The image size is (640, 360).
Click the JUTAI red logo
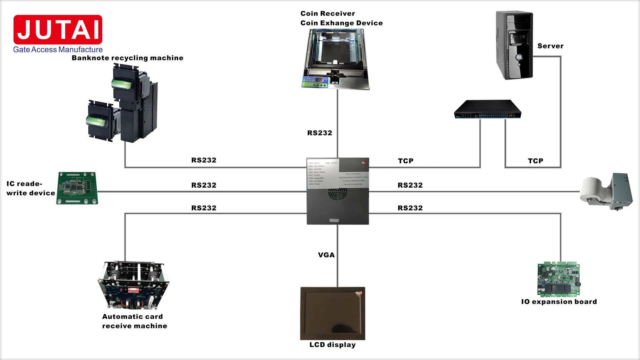point(58,29)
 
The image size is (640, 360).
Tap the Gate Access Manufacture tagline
point(58,49)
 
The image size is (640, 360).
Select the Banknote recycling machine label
point(127,58)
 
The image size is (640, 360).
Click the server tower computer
point(514,45)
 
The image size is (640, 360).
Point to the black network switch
point(487,109)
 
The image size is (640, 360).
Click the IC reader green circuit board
point(77,188)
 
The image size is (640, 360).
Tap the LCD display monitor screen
point(333,313)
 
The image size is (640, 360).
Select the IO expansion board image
point(559,279)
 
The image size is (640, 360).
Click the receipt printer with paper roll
point(606,192)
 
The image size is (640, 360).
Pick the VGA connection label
point(326,255)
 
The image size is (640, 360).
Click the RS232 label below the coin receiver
point(320,133)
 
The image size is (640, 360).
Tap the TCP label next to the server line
point(535,161)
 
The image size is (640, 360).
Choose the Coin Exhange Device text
point(341,23)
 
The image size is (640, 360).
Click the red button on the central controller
point(365,163)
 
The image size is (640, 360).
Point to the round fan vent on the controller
point(338,194)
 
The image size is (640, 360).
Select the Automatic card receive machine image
point(133,285)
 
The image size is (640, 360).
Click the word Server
point(550,46)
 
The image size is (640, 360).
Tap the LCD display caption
point(333,345)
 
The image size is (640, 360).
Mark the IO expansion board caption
point(559,302)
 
